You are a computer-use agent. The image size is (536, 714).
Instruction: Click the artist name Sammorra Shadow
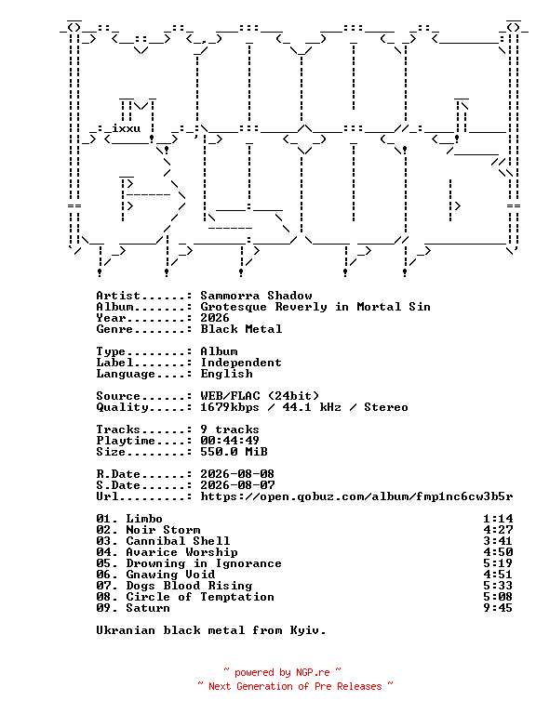click(256, 296)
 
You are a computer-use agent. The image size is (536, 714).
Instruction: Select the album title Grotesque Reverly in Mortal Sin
click(315, 307)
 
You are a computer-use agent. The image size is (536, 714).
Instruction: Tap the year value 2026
click(215, 318)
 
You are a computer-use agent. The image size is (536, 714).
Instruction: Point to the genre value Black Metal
click(241, 329)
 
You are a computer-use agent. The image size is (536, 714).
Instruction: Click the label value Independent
click(241, 363)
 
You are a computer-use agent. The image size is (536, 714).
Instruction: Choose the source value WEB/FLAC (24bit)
click(260, 396)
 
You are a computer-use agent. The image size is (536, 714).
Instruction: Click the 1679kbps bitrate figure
click(230, 407)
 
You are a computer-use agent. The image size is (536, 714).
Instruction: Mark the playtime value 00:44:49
click(230, 441)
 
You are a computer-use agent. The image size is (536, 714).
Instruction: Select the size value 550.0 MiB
click(234, 452)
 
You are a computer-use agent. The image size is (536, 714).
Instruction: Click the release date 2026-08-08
click(237, 474)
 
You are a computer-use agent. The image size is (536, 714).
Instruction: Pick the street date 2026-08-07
click(237, 485)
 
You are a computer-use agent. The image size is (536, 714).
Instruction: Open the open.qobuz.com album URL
click(356, 496)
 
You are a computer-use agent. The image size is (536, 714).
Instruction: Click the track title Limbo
click(144, 519)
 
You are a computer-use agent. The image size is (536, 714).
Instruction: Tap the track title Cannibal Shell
click(178, 541)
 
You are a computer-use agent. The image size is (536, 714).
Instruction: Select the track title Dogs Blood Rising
click(189, 586)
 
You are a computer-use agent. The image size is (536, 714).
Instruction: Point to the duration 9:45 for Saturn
click(498, 608)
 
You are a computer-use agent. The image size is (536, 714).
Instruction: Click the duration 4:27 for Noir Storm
click(498, 530)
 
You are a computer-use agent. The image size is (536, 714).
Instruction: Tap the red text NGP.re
click(313, 672)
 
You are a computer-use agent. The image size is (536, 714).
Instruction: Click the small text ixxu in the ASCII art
click(127, 128)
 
